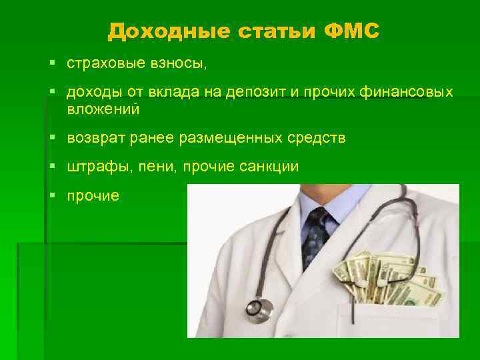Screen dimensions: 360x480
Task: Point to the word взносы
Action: coord(179,63)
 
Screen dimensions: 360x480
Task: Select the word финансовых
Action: coord(411,93)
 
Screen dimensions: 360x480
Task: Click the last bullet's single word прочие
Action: coord(93,196)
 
